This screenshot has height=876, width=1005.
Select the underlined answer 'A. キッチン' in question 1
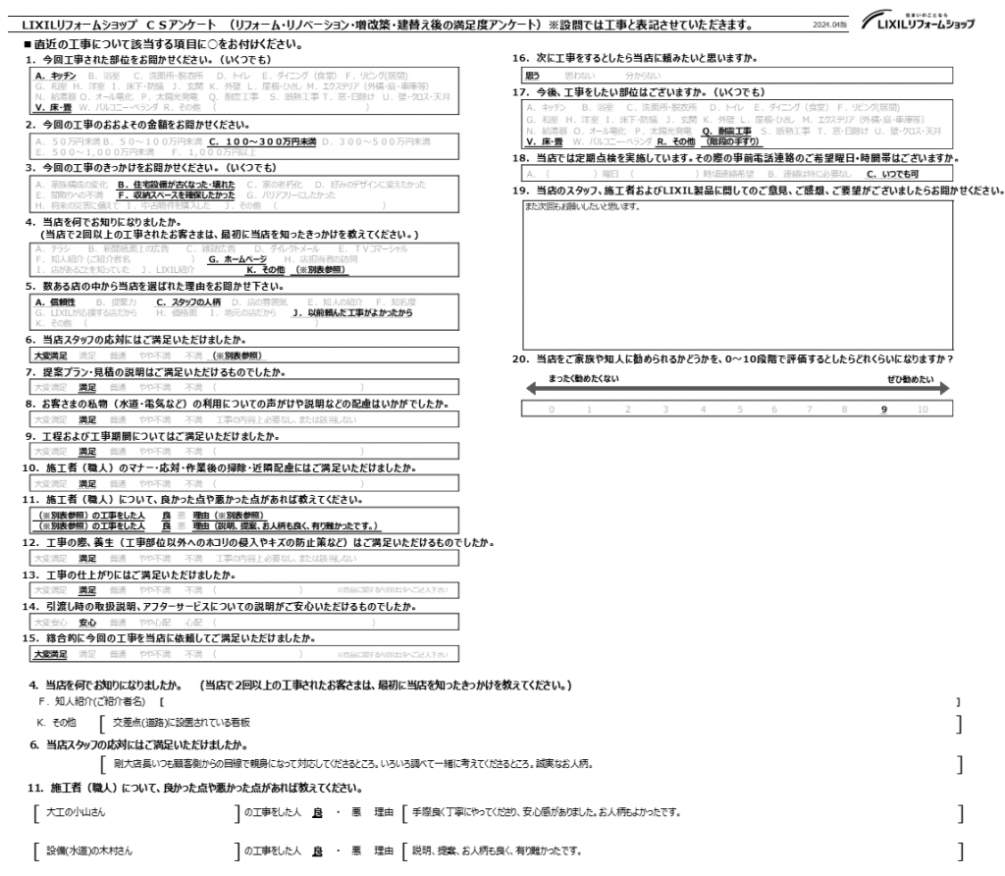(x=56, y=75)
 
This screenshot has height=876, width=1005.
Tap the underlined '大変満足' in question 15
(x=50, y=653)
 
